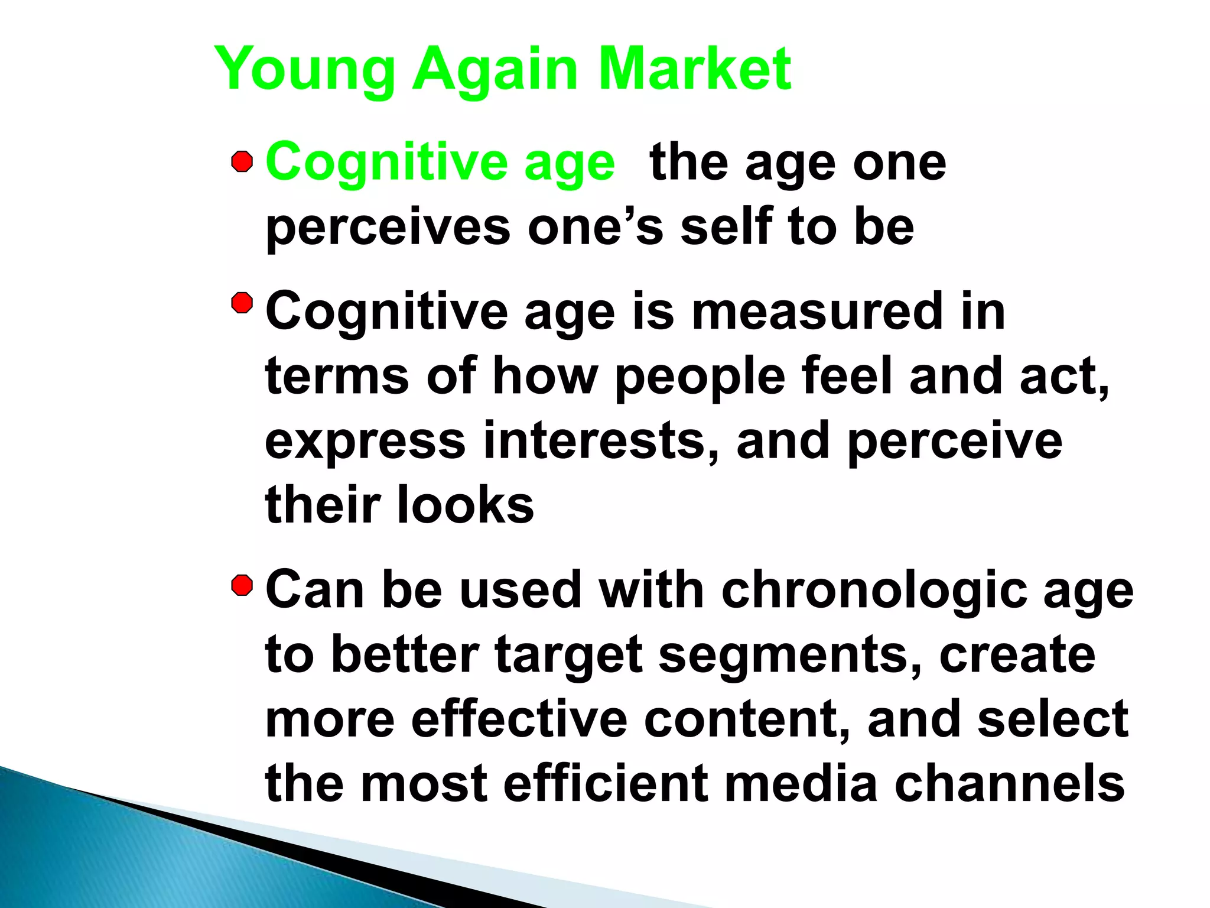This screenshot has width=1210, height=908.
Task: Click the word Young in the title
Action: click(x=304, y=70)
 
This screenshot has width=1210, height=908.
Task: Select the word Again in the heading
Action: click(x=495, y=70)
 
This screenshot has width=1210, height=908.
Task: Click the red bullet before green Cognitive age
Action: click(x=242, y=161)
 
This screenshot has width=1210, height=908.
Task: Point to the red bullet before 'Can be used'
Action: click(x=242, y=586)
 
